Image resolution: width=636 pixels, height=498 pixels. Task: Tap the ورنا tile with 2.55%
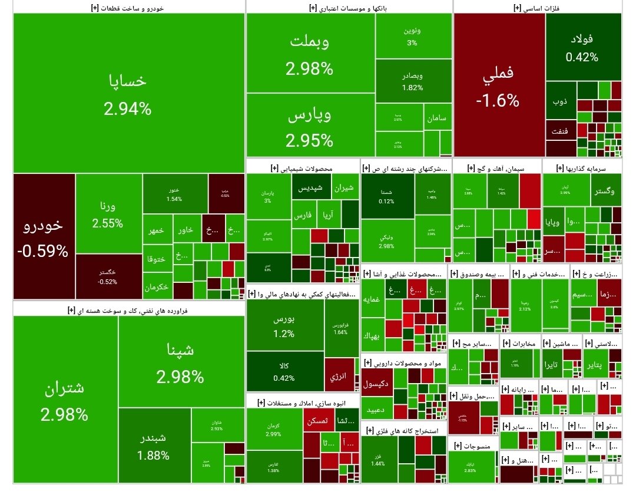(x=108, y=215)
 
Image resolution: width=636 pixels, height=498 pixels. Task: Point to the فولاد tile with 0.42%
(x=582, y=48)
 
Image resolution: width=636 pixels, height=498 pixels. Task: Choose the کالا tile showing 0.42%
(x=284, y=371)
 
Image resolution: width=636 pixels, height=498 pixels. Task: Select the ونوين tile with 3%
(x=412, y=35)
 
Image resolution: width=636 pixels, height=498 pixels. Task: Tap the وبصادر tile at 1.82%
(x=412, y=81)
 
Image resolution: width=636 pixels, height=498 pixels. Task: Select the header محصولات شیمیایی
(x=303, y=169)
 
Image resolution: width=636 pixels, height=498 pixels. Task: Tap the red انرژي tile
(x=340, y=375)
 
